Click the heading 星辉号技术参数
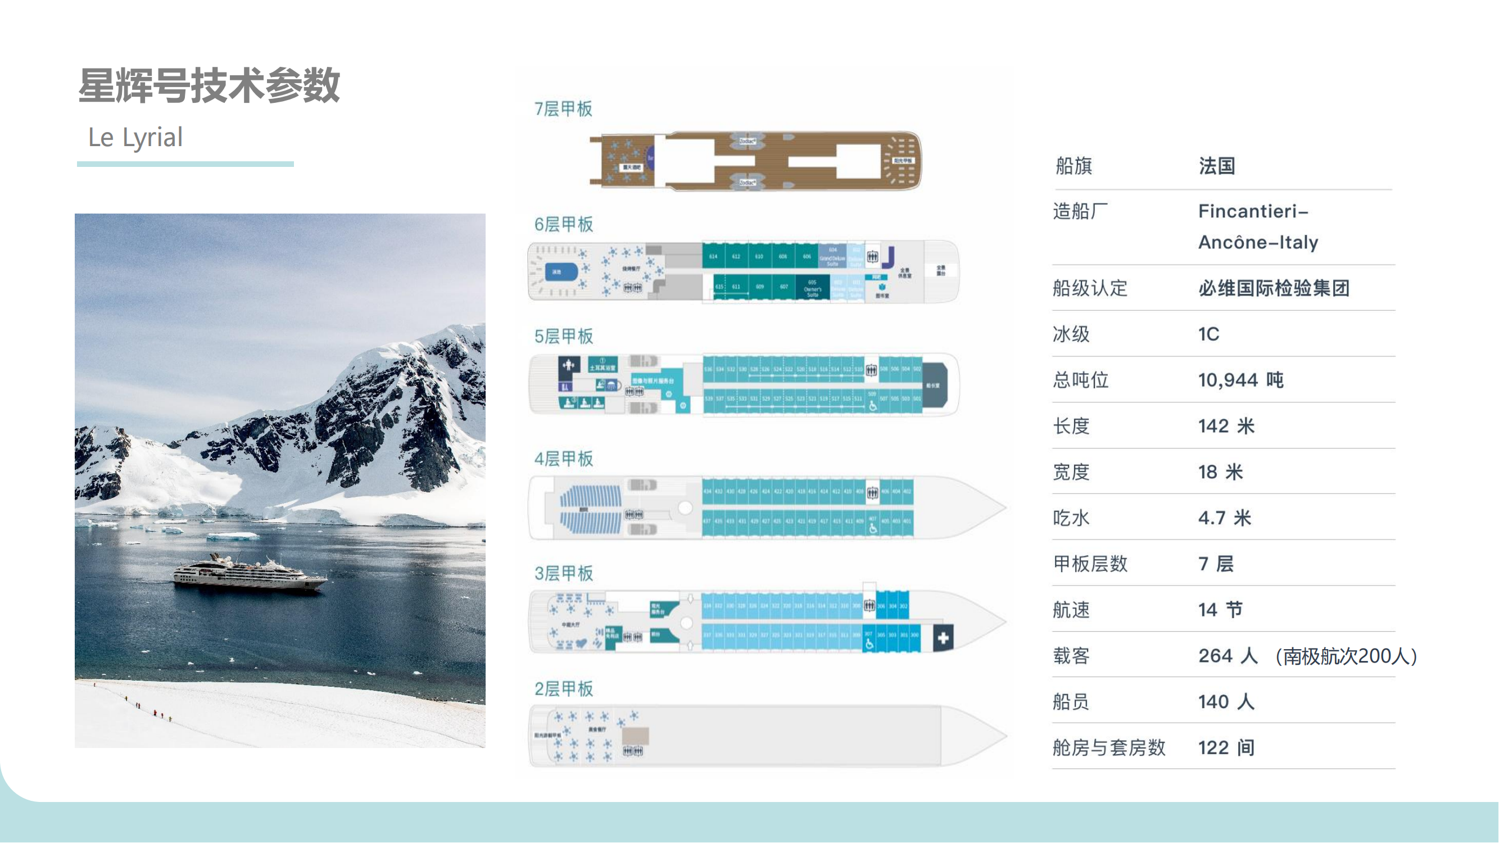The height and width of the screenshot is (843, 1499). (209, 85)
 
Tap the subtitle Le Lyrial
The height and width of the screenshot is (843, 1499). (135, 137)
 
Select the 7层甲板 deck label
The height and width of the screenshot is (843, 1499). (563, 109)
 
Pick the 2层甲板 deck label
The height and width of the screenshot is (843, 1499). (563, 689)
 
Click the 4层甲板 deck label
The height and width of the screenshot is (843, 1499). (563, 459)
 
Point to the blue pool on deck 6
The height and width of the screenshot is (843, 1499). (560, 271)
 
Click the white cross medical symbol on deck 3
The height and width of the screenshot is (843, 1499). (943, 638)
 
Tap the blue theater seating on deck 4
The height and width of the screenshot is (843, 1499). (590, 510)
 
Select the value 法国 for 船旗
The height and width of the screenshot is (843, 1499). (1217, 166)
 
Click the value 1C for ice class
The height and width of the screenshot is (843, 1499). (1208, 334)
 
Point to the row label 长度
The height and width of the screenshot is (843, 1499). (1071, 426)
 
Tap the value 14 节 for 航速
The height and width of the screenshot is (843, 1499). (1220, 610)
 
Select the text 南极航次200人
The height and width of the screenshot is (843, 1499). (1346, 656)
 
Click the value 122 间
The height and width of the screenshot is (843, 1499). (1226, 747)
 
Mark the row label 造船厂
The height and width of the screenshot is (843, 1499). (1080, 211)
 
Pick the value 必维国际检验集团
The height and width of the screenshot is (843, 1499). (1274, 288)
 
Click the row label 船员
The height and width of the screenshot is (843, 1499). (1071, 701)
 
